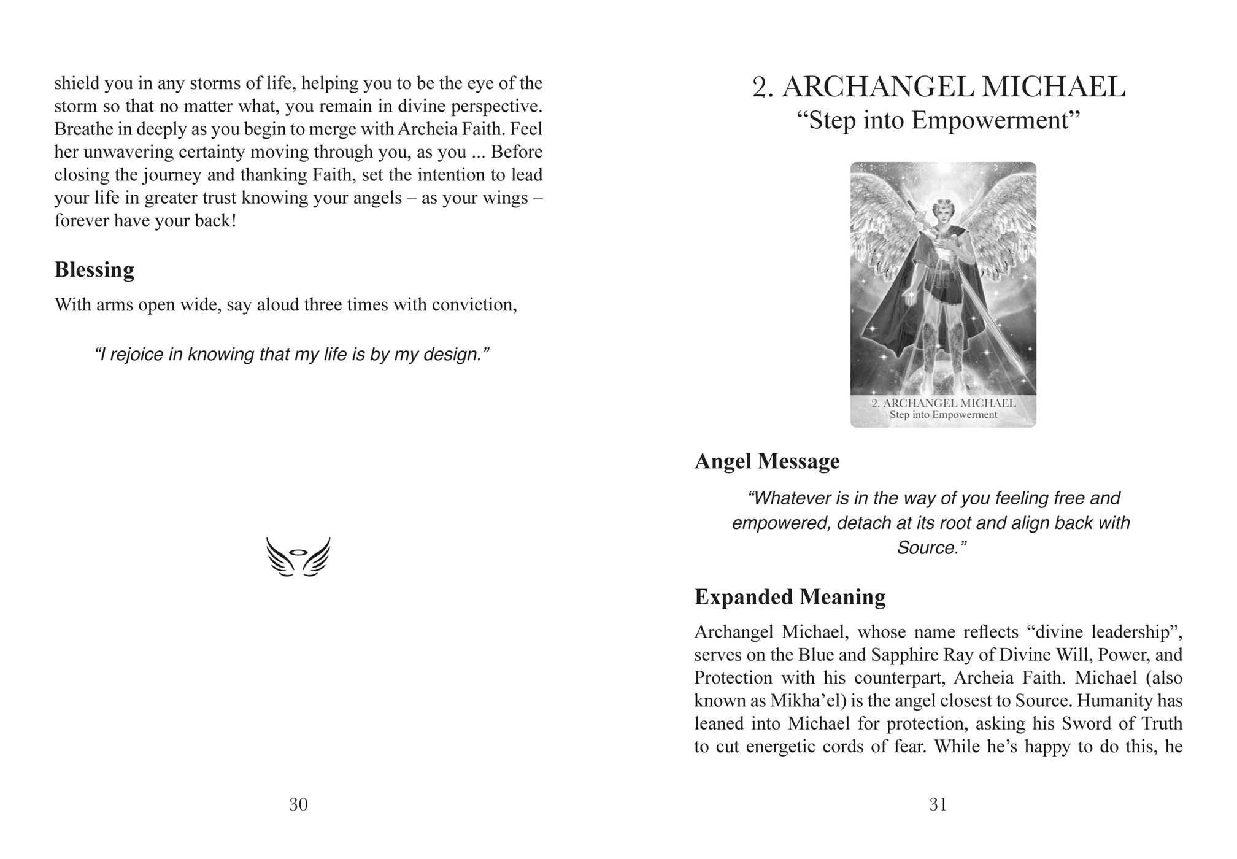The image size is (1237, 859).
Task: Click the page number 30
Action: tap(298, 804)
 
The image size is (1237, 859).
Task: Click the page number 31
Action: tap(938, 804)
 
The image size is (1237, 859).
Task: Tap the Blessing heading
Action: tap(94, 270)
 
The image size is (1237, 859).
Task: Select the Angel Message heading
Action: tap(767, 461)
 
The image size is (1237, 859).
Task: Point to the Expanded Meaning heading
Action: tap(790, 597)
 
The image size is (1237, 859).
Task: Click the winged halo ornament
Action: tap(298, 557)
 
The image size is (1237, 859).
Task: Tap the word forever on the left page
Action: tap(83, 221)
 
